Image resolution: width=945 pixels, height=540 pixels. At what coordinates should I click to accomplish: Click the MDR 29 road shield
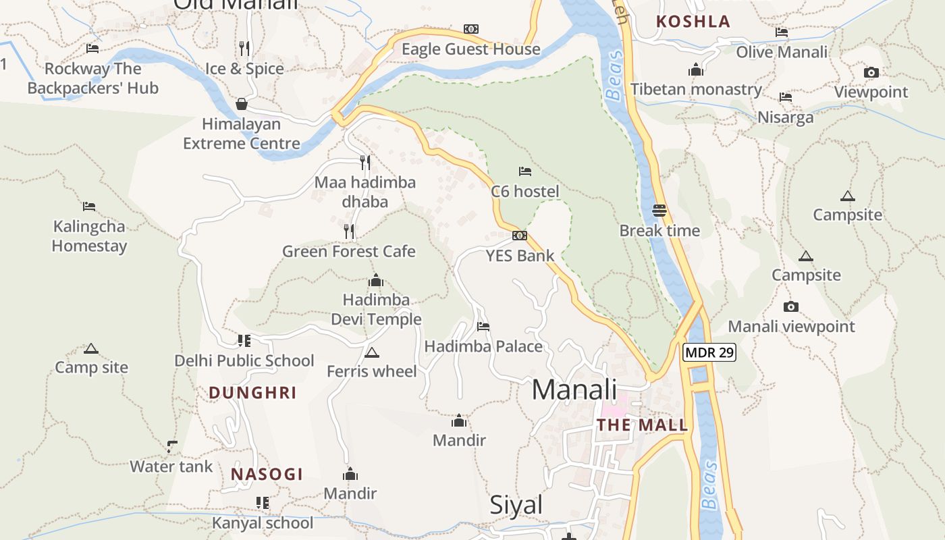(x=709, y=352)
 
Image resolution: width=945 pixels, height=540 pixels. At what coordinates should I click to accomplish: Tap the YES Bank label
(x=520, y=256)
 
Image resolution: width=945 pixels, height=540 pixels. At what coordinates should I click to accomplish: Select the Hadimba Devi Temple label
(x=376, y=309)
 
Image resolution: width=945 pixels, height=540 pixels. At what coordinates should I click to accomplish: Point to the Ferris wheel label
(x=372, y=371)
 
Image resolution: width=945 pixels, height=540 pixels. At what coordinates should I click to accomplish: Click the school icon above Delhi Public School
(x=244, y=341)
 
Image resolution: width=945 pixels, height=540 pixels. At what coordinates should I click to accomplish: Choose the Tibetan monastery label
(x=696, y=89)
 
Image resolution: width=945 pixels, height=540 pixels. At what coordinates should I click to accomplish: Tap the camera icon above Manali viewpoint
(x=791, y=307)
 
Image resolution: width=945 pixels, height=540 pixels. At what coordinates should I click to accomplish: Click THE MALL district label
(x=643, y=425)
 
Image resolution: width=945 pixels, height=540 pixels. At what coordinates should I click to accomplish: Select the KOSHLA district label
(x=693, y=22)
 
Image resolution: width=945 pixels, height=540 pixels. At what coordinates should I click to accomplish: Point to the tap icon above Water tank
(x=172, y=446)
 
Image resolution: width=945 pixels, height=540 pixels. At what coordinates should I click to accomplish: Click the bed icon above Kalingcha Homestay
(x=89, y=207)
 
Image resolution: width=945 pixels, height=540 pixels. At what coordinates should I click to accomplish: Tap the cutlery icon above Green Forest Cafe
(x=349, y=232)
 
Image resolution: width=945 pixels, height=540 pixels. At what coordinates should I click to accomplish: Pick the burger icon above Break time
(x=659, y=211)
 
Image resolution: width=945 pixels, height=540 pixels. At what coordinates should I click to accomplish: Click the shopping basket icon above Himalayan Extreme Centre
(x=241, y=104)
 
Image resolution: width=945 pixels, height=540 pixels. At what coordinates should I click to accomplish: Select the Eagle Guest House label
(x=471, y=49)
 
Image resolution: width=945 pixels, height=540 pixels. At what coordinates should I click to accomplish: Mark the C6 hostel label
(x=525, y=192)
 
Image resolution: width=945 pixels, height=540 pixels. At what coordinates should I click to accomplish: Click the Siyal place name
(x=516, y=505)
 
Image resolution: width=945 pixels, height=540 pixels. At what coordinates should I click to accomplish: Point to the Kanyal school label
(x=263, y=522)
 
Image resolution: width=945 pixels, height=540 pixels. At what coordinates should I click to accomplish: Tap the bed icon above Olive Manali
(x=782, y=32)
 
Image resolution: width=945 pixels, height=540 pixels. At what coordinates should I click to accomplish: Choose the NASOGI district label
(x=267, y=475)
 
